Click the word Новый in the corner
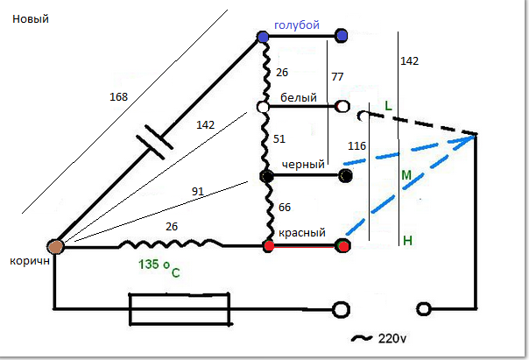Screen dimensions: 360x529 click(30, 19)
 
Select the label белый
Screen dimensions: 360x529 click(299, 97)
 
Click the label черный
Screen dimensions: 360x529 click(304, 165)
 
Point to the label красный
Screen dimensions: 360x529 click(302, 233)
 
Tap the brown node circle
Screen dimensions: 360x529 click(55, 248)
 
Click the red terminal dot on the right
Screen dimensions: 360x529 click(343, 246)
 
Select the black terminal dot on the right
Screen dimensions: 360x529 click(346, 176)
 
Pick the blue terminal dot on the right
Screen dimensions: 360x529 click(341, 36)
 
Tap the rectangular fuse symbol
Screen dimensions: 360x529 click(180, 308)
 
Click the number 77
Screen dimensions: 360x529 click(337, 77)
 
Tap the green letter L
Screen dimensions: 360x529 click(389, 106)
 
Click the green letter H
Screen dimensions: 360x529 click(407, 240)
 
